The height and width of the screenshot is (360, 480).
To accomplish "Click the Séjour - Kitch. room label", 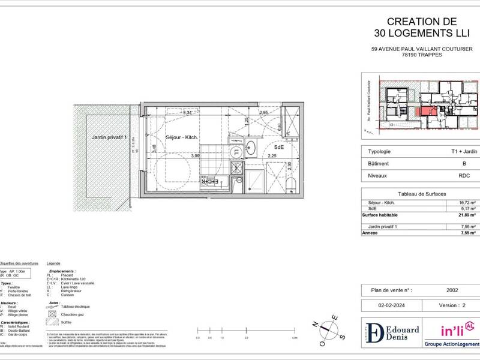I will coord(182,137).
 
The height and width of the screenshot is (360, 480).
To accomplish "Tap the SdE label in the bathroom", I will coord(279,146).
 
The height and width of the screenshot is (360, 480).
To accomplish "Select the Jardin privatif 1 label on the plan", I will coord(110,137).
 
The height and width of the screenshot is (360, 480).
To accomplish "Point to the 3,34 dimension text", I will coord(187,112).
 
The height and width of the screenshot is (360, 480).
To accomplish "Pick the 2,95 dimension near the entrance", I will coord(263,112).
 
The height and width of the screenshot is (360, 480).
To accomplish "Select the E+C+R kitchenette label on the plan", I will coord(208,181).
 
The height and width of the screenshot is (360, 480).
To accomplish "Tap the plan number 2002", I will coord(452,290).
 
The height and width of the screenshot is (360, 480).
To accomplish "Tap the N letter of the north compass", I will coord(314,325).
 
